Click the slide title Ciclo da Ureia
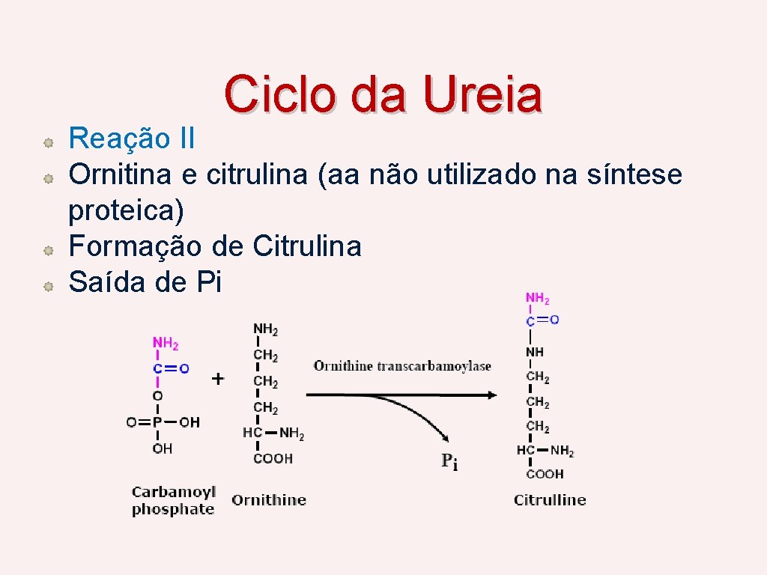tap(383, 95)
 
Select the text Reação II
tap(132, 139)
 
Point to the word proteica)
tap(126, 211)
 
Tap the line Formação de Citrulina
tap(215, 246)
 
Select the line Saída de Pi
tap(145, 282)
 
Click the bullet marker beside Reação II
tap(46, 141)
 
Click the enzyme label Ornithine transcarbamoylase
tap(402, 366)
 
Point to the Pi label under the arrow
tap(449, 462)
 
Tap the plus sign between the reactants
tap(217, 379)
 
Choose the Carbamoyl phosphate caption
tap(173, 501)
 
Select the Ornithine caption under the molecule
tap(269, 500)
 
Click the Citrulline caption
tap(550, 500)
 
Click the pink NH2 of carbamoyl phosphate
tap(166, 344)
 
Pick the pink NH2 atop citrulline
tap(537, 299)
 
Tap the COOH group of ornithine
tap(273, 458)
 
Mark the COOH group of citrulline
tap(545, 474)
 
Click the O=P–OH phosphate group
tap(163, 422)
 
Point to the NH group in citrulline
tap(535, 352)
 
